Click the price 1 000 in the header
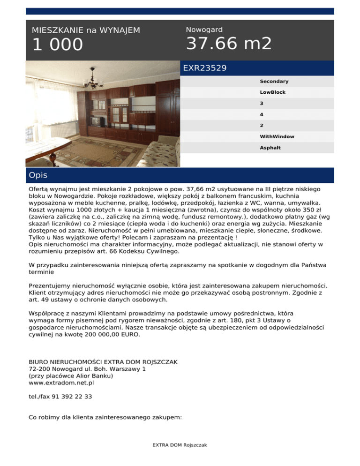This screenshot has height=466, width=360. click(x=57, y=45)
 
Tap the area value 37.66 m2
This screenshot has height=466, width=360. click(x=229, y=44)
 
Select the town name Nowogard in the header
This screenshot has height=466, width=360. click(x=204, y=30)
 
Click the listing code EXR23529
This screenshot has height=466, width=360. click(x=205, y=68)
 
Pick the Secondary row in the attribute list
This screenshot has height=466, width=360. click(x=274, y=82)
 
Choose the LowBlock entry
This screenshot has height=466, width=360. click(x=272, y=92)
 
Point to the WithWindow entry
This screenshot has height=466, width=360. click(x=277, y=136)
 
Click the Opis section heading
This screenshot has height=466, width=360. click(x=37, y=175)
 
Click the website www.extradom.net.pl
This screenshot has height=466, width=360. click(x=61, y=383)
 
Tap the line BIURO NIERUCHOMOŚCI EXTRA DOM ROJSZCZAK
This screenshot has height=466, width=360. click(x=103, y=362)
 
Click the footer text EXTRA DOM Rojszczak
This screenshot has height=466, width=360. click(x=180, y=445)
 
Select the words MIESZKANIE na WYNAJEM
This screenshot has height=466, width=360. click(x=86, y=30)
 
